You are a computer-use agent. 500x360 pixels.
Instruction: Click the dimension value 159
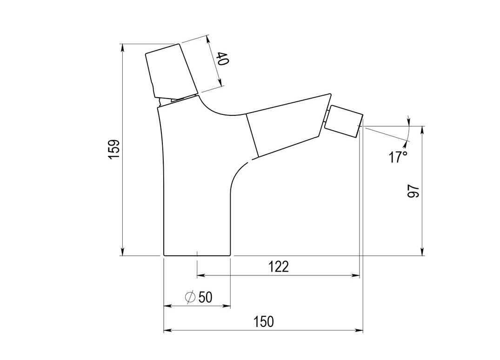[x=114, y=149]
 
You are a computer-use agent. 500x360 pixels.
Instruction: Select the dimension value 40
[x=222, y=60]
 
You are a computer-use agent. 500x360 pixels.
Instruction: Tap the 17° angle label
[x=398, y=157]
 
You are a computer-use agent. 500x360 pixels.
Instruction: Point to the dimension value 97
[x=413, y=191]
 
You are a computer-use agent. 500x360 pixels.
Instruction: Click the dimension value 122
[x=279, y=267]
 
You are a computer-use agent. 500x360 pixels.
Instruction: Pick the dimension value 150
[x=263, y=321]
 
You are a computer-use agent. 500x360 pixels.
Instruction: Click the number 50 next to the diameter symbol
[x=205, y=297]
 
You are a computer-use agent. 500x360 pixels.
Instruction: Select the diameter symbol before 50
[x=190, y=297]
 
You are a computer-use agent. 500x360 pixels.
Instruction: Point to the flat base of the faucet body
[x=197, y=255]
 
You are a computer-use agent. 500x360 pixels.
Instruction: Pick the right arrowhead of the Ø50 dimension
[x=227, y=306]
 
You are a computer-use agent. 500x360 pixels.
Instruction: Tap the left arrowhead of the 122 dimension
[x=200, y=276]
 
